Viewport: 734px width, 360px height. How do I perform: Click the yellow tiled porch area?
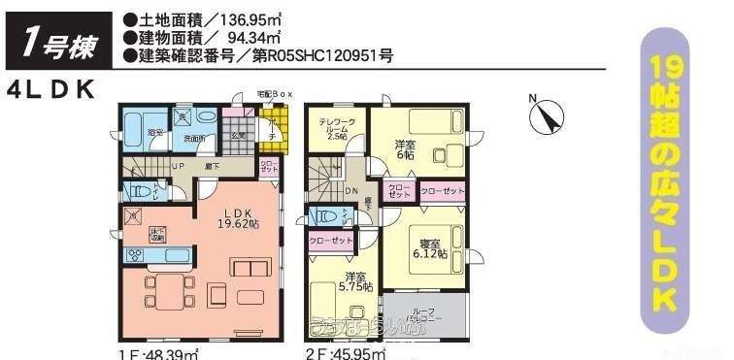click(x=275, y=122)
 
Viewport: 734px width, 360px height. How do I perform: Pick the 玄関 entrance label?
click(x=236, y=137)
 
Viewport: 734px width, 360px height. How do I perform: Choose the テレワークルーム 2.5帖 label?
click(x=338, y=129)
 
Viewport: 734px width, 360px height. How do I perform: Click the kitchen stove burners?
click(x=136, y=255)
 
